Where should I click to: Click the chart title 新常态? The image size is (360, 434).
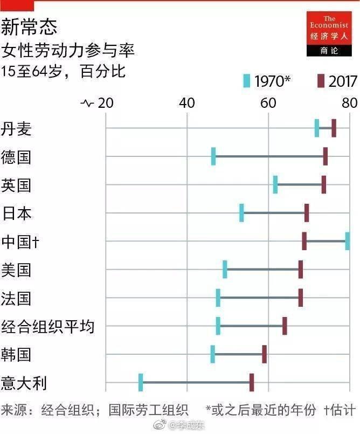tap(29, 27)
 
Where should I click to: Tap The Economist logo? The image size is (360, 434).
tap(329, 33)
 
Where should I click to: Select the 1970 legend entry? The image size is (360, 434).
tap(267, 81)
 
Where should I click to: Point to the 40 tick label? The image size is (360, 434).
tap(186, 102)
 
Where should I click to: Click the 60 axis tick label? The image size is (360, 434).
tap(268, 102)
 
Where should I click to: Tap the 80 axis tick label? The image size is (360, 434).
tap(350, 102)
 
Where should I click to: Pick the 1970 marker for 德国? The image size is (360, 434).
tap(213, 156)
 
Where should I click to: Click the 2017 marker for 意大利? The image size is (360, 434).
tap(252, 382)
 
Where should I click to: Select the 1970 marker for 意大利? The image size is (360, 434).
tap(141, 382)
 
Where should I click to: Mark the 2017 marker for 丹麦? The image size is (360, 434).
tap(334, 128)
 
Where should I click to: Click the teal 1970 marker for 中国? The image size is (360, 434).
tap(348, 240)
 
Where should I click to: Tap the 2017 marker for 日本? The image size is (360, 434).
tap(307, 212)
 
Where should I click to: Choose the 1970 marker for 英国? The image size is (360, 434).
tap(275, 184)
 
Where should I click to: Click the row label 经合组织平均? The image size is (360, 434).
tap(48, 326)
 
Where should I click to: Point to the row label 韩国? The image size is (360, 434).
tap(17, 354)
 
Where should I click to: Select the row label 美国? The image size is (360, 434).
tap(17, 270)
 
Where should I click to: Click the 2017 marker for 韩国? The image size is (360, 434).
tap(264, 354)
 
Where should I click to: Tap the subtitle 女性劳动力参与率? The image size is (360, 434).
tap(68, 51)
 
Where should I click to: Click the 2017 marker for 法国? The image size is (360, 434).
tap(301, 298)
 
